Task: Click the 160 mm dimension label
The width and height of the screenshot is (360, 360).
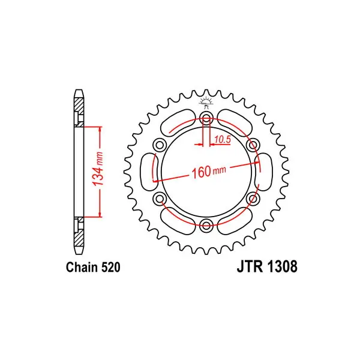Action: click(209, 172)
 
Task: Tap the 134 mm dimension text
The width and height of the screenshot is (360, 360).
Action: click(98, 169)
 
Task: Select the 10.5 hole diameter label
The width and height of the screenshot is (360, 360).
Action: click(222, 139)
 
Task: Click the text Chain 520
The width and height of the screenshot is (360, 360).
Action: click(93, 267)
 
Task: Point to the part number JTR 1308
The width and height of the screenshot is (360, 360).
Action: click(267, 266)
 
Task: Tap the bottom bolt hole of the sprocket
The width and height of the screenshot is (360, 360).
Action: click(206, 225)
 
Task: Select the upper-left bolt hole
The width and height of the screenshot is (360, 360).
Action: click(160, 145)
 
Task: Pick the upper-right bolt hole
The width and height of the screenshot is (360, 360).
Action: click(253, 145)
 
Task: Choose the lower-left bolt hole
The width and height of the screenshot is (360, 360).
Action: click(160, 198)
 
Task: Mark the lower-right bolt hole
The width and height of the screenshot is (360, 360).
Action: click(253, 198)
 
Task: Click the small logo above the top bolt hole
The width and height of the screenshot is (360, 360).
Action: click(206, 102)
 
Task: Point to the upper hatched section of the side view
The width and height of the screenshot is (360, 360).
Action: click(79, 112)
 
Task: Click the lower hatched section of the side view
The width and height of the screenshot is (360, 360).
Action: click(79, 232)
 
